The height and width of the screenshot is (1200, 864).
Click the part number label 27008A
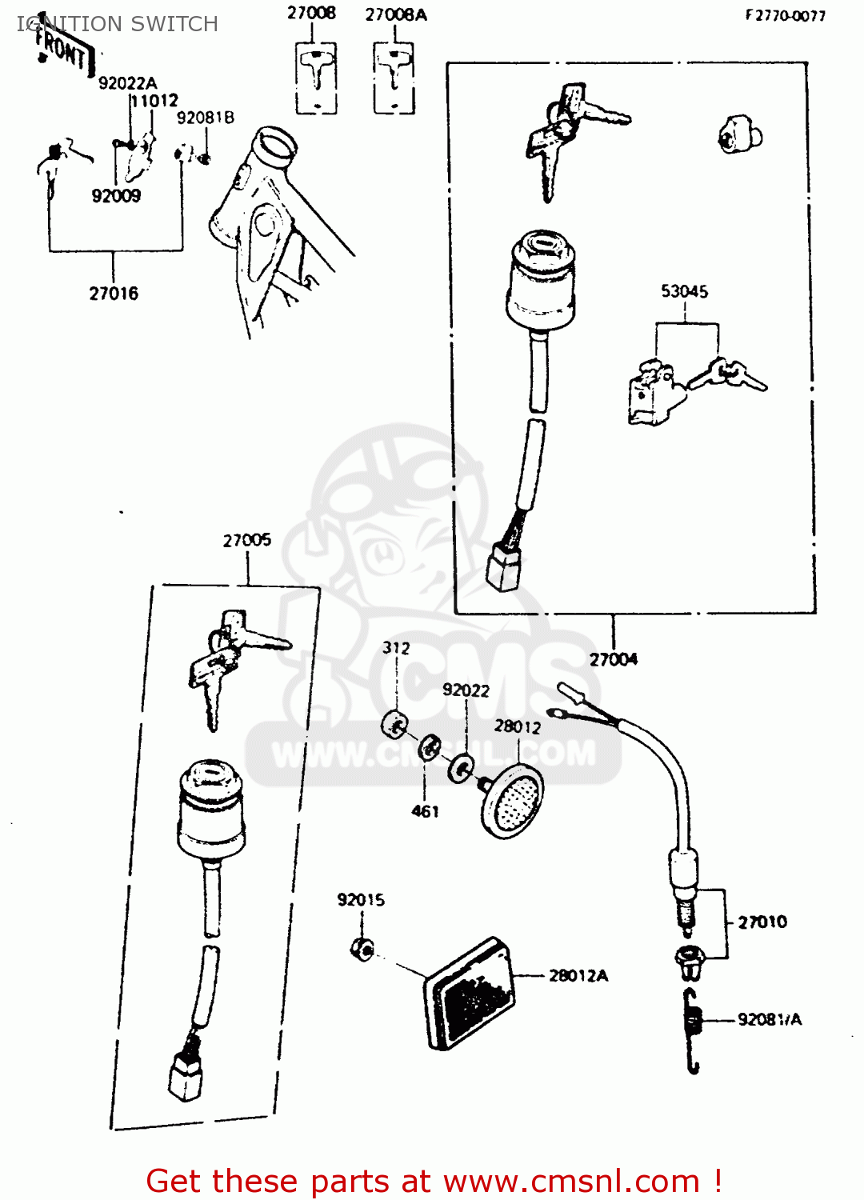point(396,14)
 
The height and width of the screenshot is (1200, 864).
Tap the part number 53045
point(684,291)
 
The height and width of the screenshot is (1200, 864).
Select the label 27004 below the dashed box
point(614,659)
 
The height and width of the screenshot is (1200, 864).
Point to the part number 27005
point(246,540)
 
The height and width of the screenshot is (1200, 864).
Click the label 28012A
point(578,975)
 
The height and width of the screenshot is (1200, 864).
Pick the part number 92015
point(361,900)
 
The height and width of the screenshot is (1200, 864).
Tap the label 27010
point(762,922)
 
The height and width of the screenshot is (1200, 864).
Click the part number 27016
point(114,294)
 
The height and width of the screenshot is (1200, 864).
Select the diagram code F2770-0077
point(785,15)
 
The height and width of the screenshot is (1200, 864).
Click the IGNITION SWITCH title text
point(118,24)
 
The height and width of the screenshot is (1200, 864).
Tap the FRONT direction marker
point(62,50)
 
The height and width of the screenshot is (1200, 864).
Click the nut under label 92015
point(362,949)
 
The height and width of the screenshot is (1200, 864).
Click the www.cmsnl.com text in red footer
point(571,1181)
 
